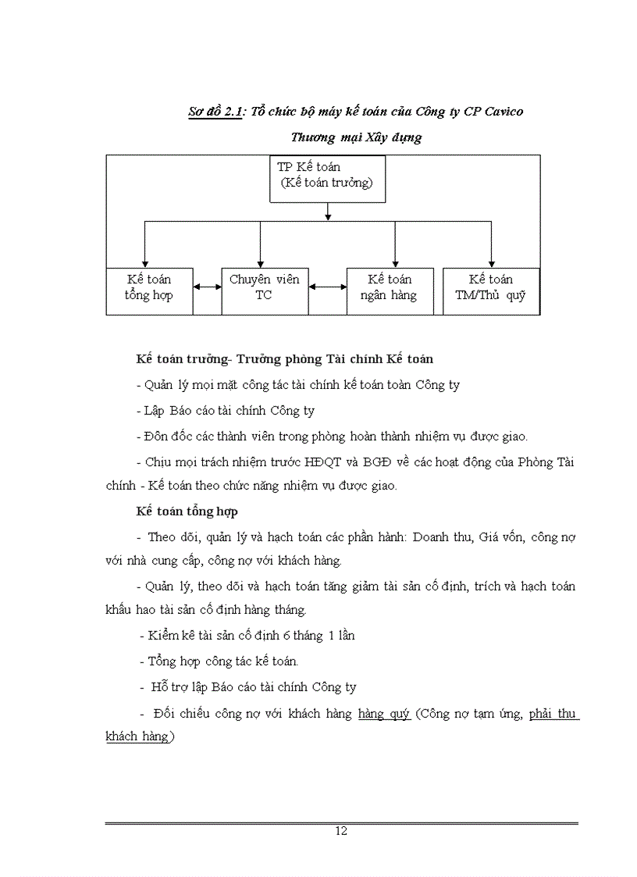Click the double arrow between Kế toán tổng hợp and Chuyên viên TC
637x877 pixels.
(x=207, y=287)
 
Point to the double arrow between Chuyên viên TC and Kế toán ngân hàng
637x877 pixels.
(x=328, y=287)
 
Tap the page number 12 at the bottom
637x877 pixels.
(x=341, y=831)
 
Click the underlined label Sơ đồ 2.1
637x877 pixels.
(x=215, y=112)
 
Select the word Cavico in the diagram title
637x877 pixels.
(x=503, y=112)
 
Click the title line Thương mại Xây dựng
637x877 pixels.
(x=356, y=137)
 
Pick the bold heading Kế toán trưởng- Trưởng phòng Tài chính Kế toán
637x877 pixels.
(x=284, y=359)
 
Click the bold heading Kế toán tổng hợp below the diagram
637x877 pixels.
(x=187, y=512)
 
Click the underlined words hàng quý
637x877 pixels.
(x=384, y=714)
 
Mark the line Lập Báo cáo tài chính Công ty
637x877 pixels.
(x=226, y=411)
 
